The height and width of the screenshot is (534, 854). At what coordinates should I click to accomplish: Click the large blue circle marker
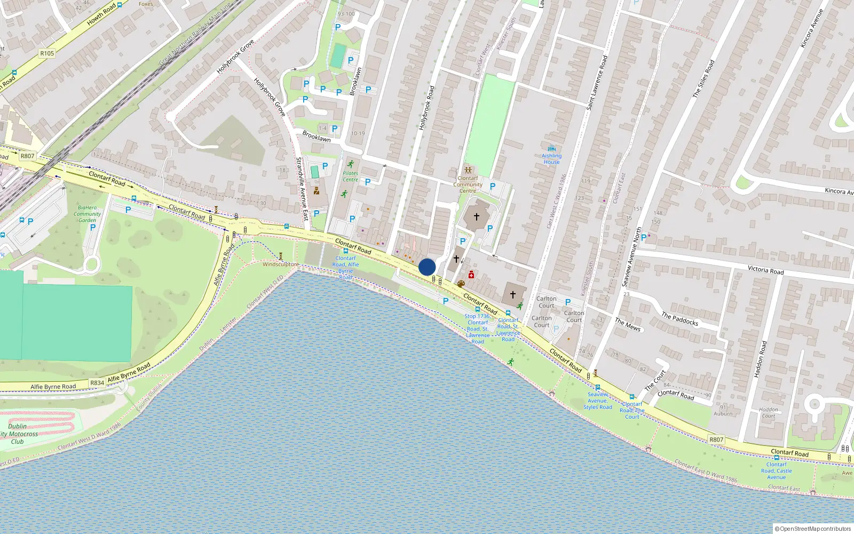point(427,267)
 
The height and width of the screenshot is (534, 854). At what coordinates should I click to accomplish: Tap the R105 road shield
point(47,53)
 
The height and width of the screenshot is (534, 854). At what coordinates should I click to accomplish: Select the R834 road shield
point(97,383)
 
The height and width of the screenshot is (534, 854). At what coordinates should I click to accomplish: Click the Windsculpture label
point(281,264)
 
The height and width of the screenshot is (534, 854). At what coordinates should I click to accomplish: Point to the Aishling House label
point(552,159)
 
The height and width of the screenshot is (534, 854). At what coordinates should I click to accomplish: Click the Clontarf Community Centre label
point(468,184)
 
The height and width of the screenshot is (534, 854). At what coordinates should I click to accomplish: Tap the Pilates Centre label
point(350,176)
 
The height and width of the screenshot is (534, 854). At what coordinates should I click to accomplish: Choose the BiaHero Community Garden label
point(87,214)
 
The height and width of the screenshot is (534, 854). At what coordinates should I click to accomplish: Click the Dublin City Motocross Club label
point(18,434)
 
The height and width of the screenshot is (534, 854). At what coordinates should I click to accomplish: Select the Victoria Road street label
point(765,270)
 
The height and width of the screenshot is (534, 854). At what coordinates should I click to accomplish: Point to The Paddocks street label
point(679,319)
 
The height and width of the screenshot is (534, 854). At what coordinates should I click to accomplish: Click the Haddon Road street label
point(760,359)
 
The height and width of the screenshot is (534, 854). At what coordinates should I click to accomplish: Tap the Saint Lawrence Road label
point(597,83)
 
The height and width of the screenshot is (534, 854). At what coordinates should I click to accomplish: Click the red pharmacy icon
point(471,274)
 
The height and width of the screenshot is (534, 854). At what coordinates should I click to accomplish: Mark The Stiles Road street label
point(703,78)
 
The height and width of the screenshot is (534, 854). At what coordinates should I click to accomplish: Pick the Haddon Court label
point(768,412)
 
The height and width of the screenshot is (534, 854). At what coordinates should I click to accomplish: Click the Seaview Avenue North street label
point(631,257)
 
